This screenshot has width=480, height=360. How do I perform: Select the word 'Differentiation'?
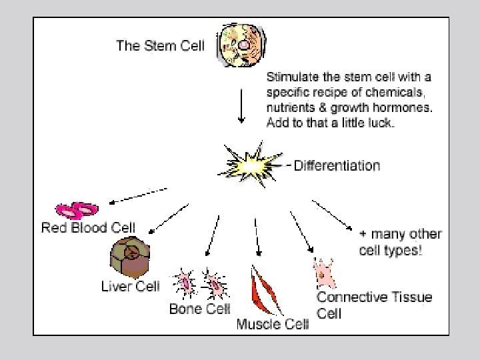pyautogui.click(x=337, y=165)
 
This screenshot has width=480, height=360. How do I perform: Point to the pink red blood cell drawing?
pyautogui.click(x=77, y=211)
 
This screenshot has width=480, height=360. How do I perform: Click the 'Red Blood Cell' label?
pyautogui.click(x=88, y=228)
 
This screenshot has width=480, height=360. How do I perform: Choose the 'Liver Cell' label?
pyautogui.click(x=130, y=287)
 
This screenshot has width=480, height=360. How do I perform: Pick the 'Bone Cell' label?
pyautogui.click(x=199, y=309)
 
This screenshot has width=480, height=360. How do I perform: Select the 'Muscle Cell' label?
pyautogui.click(x=273, y=325)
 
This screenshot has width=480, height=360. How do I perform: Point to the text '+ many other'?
pyautogui.click(x=400, y=234)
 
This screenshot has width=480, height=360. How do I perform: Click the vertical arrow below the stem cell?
pyautogui.click(x=241, y=107)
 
